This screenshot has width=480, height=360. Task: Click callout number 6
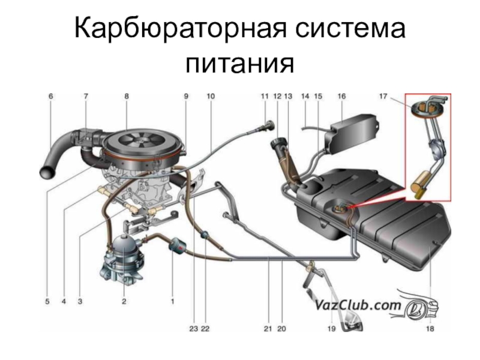(50, 96)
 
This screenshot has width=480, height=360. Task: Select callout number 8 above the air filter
(127, 96)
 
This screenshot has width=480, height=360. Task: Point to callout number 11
(265, 96)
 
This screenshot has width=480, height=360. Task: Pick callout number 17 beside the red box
(383, 96)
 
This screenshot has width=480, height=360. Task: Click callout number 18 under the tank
(430, 329)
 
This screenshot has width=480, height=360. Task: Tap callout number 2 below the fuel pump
(124, 302)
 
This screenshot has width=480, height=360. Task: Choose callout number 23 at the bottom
(194, 329)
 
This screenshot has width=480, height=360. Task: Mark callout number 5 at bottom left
(47, 302)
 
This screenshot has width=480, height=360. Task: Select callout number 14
(305, 96)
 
